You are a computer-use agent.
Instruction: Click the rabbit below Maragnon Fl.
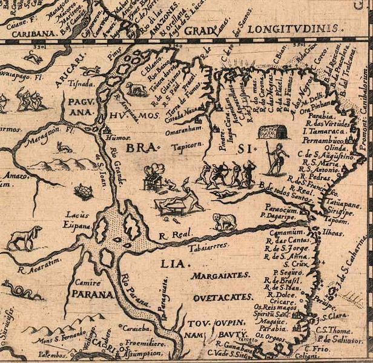pos(62,148)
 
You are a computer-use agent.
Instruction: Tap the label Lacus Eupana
pos(78,219)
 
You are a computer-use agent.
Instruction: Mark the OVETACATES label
pos(222,297)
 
